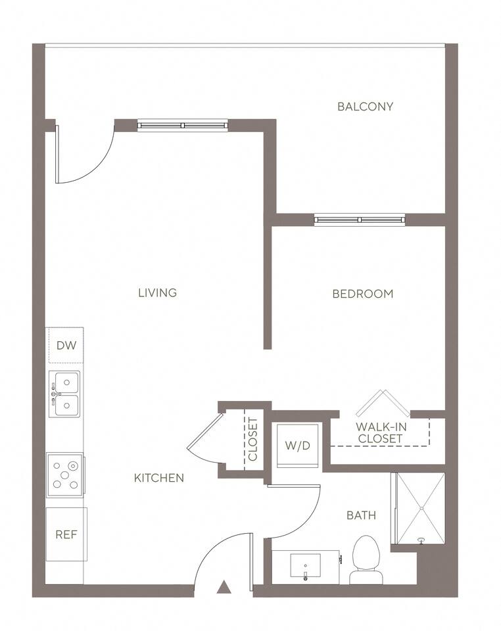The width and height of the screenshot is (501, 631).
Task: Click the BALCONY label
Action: [x=365, y=106]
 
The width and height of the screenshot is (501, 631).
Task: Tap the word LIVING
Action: [x=158, y=293]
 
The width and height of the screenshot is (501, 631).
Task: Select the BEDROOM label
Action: [x=362, y=294]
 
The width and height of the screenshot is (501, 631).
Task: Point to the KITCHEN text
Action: [x=159, y=478]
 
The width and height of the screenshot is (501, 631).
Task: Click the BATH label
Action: [x=362, y=515]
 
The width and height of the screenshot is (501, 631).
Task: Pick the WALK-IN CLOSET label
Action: [x=380, y=432]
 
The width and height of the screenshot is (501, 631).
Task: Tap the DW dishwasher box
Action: [x=65, y=345]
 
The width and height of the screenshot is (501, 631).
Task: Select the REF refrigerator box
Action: [x=66, y=534]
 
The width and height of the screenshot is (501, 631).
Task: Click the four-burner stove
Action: [x=65, y=475]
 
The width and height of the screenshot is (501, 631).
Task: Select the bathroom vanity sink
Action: [x=305, y=566]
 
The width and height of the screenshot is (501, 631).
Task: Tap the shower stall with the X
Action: [x=418, y=508]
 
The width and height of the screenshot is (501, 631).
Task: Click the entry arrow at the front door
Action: [x=224, y=587]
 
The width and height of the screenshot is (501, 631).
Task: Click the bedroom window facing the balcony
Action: [x=358, y=220]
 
